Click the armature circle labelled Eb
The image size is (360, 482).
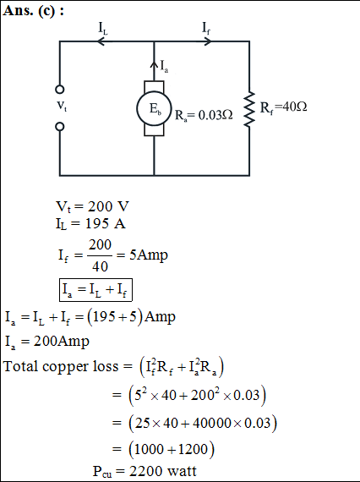(x=154, y=108)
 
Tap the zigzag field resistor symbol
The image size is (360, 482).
(x=249, y=109)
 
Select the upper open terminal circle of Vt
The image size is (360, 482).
(x=60, y=90)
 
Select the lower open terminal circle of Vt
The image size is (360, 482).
(x=60, y=127)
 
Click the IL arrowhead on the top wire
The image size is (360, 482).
(x=101, y=41)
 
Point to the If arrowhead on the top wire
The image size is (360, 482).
(x=208, y=41)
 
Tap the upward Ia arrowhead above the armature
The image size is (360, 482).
(x=154, y=65)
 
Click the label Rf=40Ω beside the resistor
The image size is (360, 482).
(x=283, y=107)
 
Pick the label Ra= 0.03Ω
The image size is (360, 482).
(x=204, y=115)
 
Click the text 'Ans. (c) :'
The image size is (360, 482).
(x=34, y=11)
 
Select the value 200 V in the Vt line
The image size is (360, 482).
(x=108, y=206)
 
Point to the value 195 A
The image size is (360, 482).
(x=106, y=223)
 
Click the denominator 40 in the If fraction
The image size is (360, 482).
(x=100, y=266)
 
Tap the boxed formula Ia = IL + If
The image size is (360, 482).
(x=95, y=289)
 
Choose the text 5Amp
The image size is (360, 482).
(x=149, y=255)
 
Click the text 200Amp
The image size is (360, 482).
(x=62, y=342)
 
